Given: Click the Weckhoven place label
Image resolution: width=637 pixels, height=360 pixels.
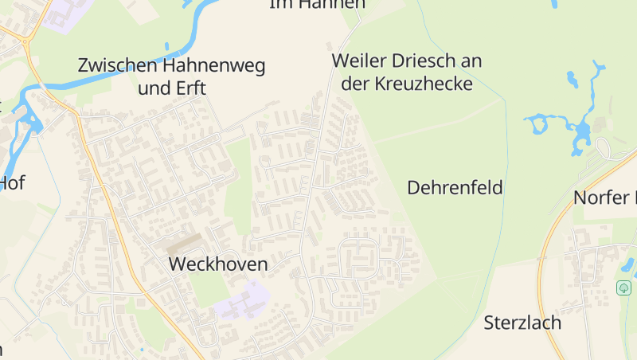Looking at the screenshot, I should pyautogui.click(x=217, y=264).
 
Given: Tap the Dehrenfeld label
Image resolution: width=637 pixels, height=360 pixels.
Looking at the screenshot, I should pyautogui.click(x=455, y=188).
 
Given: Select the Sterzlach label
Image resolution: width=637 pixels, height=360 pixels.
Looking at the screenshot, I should pyautogui.click(x=522, y=323).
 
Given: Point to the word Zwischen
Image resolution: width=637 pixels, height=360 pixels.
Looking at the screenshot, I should pyautogui.click(x=118, y=65).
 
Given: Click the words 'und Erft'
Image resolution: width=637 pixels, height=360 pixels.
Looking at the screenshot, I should pyautogui.click(x=172, y=88).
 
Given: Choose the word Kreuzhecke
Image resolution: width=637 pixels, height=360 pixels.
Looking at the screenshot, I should pyautogui.click(x=428, y=84).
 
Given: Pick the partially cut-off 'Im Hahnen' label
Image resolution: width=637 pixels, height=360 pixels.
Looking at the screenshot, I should pyautogui.click(x=317, y=4).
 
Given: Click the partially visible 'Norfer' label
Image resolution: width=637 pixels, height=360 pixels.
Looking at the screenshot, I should pyautogui.click(x=604, y=198).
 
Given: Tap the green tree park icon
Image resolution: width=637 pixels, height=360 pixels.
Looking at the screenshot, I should pyautogui.click(x=624, y=288).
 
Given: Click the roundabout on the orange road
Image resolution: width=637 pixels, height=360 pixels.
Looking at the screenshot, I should pyautogui.click(x=25, y=40).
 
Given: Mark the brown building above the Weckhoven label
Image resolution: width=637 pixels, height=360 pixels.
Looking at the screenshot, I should pyautogui.click(x=188, y=241).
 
